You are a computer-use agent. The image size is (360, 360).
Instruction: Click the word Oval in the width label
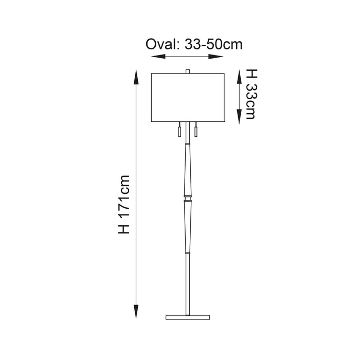pyautogui.click(x=163, y=44)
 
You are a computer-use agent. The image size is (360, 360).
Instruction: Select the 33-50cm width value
pyautogui.click(x=213, y=44)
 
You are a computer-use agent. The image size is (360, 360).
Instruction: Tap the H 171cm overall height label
pyautogui.click(x=124, y=205)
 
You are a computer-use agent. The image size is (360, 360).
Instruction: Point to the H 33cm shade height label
pyautogui.click(x=251, y=94)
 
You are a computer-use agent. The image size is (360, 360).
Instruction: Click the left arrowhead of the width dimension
pyautogui.click(x=158, y=57)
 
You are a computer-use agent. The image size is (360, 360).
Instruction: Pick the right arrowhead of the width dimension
pyautogui.click(x=216, y=57)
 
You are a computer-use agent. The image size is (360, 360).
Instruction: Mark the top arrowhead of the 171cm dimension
pyautogui.click(x=136, y=77)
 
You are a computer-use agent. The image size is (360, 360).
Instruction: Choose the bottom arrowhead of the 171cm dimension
pyautogui.click(x=136, y=312)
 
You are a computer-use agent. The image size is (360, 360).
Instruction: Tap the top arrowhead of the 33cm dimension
pyautogui.click(x=240, y=77)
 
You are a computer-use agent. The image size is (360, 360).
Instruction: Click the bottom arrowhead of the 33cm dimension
pyautogui.click(x=240, y=117)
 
